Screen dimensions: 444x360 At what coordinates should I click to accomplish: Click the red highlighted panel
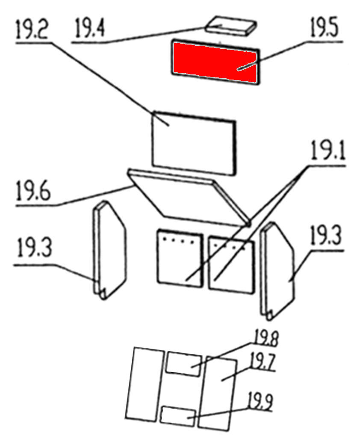pos(215,63)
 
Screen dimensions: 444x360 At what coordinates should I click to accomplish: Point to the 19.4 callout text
pos(90,28)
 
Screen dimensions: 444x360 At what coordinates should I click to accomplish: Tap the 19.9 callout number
pos(260,402)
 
